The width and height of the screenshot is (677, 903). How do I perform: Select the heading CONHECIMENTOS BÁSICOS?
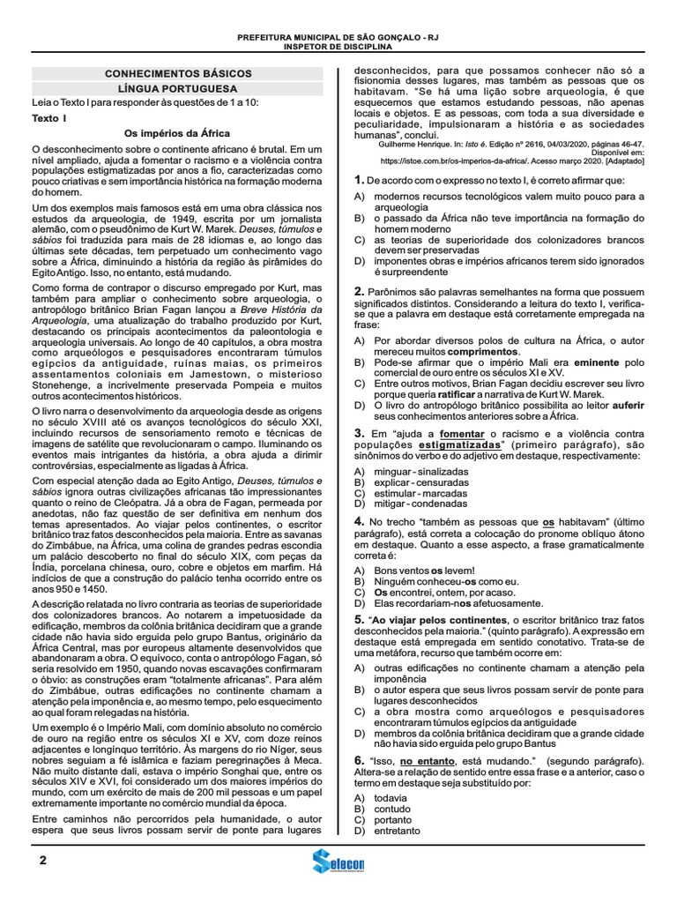tap(178, 74)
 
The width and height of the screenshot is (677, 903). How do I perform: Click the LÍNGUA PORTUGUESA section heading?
tap(178, 90)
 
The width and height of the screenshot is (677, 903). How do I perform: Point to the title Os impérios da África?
tap(177, 132)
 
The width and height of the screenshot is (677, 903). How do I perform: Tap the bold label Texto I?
tap(49, 117)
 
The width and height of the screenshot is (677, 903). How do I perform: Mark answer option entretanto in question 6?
tap(398, 831)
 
